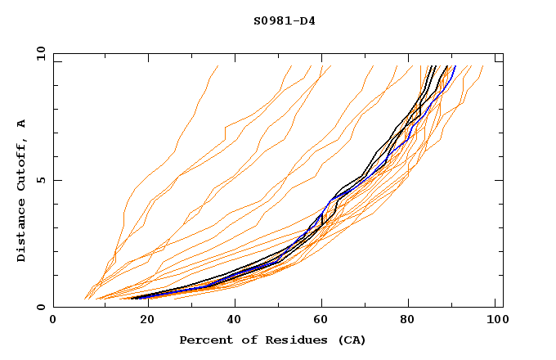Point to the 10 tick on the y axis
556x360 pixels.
[x=40, y=53]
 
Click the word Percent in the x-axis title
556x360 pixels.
[x=204, y=340]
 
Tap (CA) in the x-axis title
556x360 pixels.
[x=352, y=340]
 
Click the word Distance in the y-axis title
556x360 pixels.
[x=21, y=232]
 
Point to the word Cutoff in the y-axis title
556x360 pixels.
[x=21, y=163]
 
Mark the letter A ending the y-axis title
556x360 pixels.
[x=21, y=124]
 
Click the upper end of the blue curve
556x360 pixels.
[x=455, y=66]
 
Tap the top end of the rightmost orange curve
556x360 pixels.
[x=482, y=66]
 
